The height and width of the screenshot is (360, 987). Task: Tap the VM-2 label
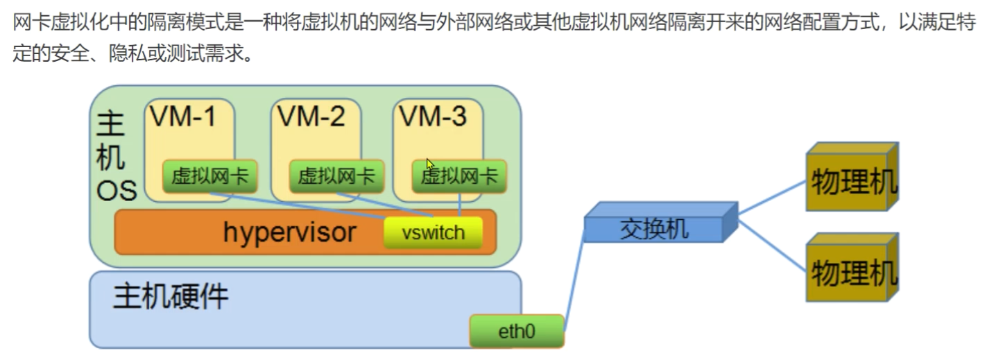pyautogui.click(x=311, y=117)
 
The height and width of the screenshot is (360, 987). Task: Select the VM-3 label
pyautogui.click(x=433, y=117)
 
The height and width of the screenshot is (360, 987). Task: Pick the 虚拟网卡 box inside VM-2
pyautogui.click(x=336, y=177)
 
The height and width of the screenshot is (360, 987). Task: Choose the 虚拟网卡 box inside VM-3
pyautogui.click(x=459, y=177)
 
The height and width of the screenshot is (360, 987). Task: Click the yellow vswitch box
pyautogui.click(x=433, y=232)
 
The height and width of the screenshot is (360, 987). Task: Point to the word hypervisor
pyautogui.click(x=289, y=232)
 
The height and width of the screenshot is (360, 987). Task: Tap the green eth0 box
pyautogui.click(x=517, y=332)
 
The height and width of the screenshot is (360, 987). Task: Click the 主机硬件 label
pyautogui.click(x=171, y=296)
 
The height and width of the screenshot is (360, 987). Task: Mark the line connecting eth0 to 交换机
pyautogui.click(x=575, y=284)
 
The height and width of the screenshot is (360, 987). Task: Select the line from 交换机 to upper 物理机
pyautogui.click(x=771, y=197)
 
